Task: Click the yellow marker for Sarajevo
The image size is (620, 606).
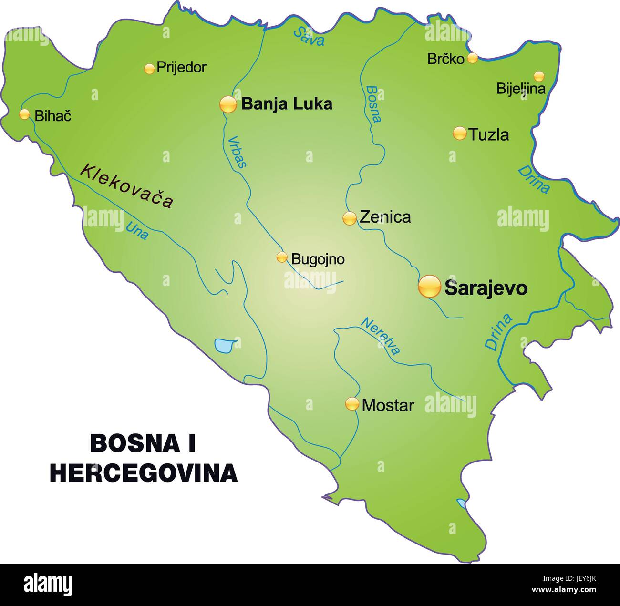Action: point(429,287)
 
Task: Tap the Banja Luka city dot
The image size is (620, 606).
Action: point(228,104)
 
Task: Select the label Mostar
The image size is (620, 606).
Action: point(388,406)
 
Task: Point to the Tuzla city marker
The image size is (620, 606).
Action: point(459,134)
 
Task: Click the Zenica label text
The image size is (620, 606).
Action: point(385,217)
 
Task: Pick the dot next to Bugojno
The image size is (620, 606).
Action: point(282,257)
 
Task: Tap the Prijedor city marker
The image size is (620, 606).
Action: point(149,69)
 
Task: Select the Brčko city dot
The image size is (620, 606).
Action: point(472,58)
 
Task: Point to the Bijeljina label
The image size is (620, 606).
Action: point(520,89)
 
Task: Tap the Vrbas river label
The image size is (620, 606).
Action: point(237,152)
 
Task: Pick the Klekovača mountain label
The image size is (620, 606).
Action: point(126,186)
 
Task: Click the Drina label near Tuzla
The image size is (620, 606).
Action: point(534,179)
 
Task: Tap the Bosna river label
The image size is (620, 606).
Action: point(373,104)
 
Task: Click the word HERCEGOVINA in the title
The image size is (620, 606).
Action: point(144,472)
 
